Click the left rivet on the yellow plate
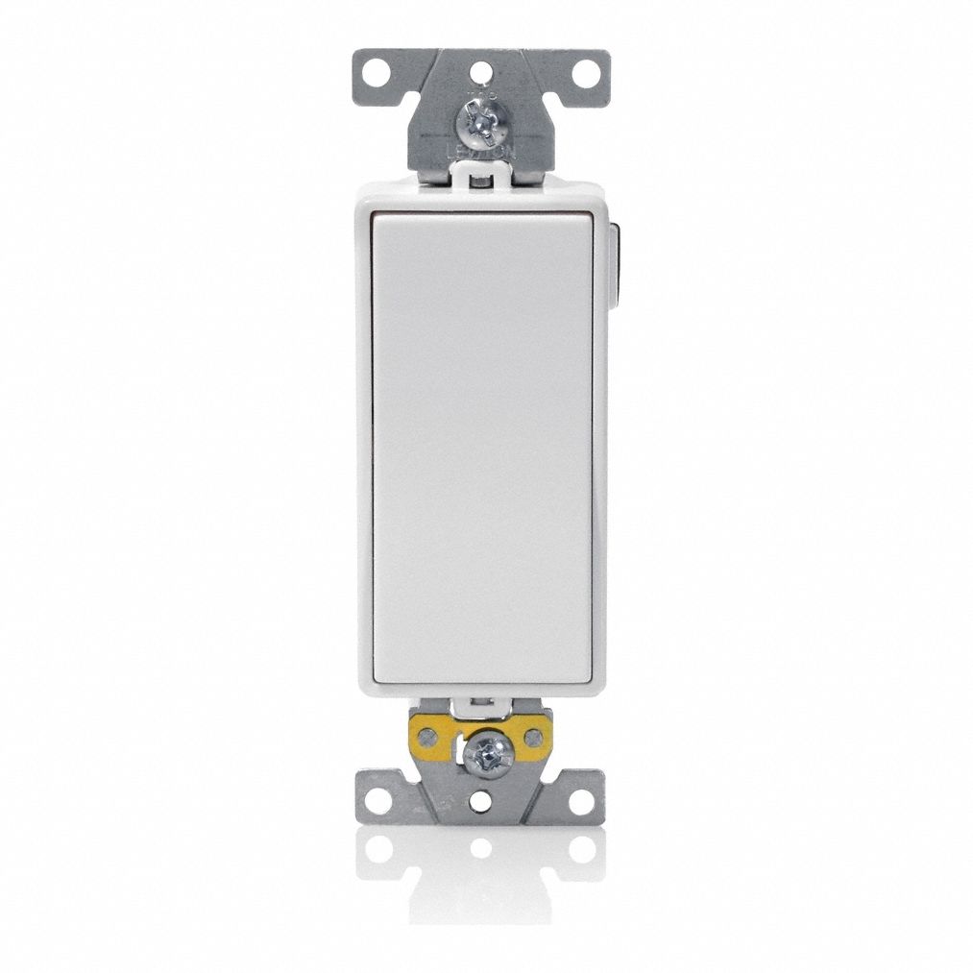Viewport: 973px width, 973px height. [429, 737]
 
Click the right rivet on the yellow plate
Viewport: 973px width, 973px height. [534, 737]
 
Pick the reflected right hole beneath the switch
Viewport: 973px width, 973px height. [583, 849]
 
